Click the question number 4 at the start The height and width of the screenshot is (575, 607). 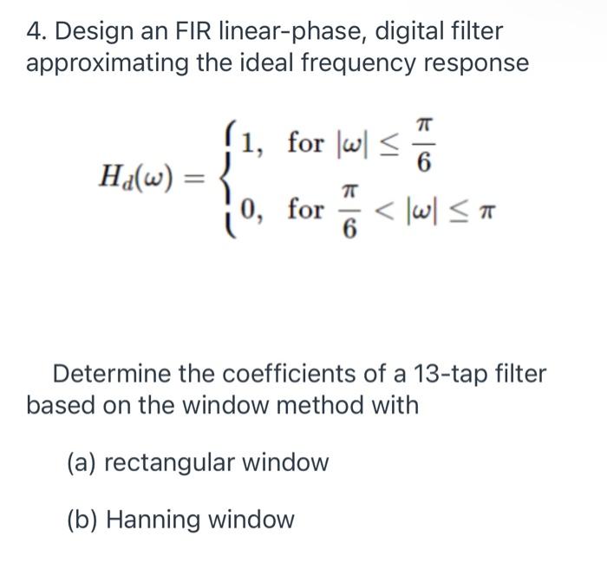tap(36, 32)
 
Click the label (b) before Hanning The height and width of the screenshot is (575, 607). tap(82, 519)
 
